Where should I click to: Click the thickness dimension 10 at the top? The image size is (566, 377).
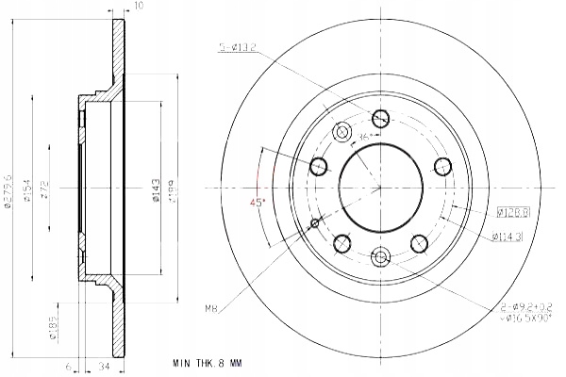tap(139, 7)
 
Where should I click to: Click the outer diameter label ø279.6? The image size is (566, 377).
tap(8, 188)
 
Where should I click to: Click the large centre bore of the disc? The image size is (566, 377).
tap(380, 188)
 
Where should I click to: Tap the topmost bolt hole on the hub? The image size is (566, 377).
tap(380, 119)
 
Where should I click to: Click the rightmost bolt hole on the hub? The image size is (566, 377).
tap(441, 167)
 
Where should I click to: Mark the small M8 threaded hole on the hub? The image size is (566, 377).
tap(314, 223)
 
